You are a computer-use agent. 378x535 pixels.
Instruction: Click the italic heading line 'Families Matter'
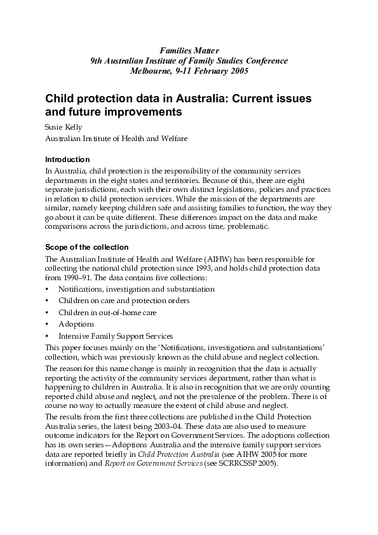coord(189,50)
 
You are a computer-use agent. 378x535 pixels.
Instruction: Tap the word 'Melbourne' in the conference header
coord(150,71)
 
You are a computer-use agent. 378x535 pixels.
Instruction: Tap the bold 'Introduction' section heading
coord(68,159)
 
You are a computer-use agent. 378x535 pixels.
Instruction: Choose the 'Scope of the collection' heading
coord(86,247)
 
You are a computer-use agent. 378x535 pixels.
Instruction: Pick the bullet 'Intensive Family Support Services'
coord(115,335)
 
